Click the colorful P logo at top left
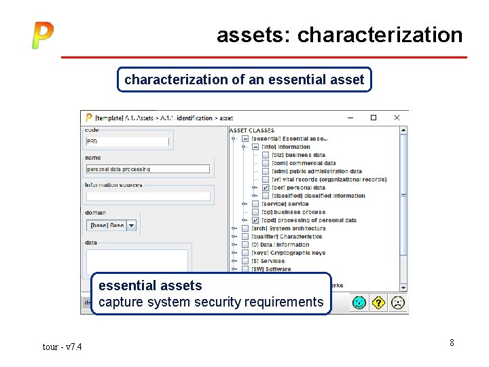42,35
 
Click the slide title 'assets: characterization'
340,35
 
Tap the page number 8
452,343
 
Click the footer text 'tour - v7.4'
62,347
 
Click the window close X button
397,118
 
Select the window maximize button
373,118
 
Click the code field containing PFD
127,141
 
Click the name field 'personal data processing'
147,169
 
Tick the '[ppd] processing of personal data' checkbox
255,220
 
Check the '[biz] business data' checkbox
266,155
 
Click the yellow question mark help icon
378,302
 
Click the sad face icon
398,302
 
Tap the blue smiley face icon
359,302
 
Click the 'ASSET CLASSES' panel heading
252,130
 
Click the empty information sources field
147,196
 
